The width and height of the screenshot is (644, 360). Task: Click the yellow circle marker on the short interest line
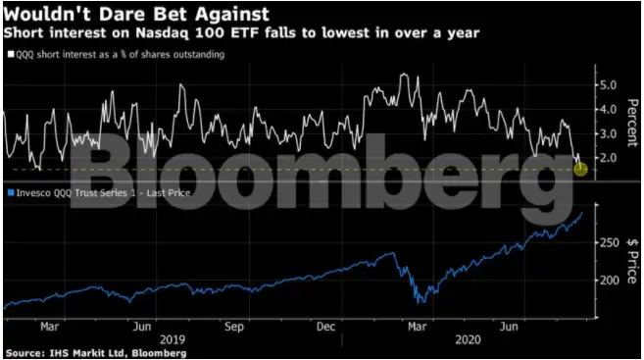tap(580, 170)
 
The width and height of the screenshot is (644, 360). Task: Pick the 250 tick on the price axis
tap(609, 241)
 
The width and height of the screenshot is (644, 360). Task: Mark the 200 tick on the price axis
tap(609, 280)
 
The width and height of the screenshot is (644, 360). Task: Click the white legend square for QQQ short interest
tap(8, 55)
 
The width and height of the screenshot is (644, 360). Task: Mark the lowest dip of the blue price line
tap(421, 300)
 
